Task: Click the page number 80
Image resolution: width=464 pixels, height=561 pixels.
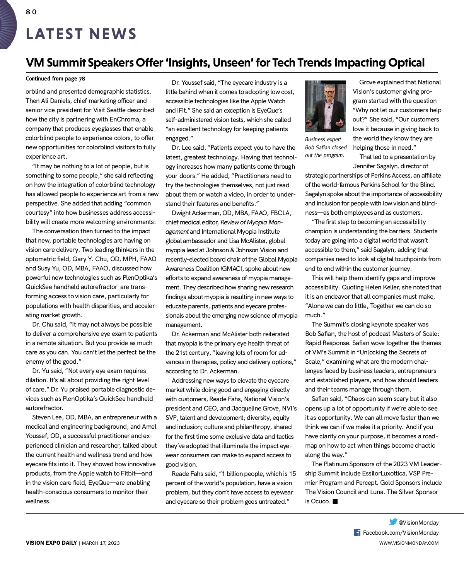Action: click(x=31, y=12)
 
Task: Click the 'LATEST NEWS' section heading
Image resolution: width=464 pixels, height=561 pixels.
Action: click(x=81, y=34)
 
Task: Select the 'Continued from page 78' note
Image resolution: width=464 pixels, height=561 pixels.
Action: click(x=55, y=79)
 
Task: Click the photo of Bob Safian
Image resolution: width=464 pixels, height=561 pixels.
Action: click(x=325, y=106)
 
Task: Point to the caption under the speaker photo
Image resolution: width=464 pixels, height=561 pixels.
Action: click(x=326, y=147)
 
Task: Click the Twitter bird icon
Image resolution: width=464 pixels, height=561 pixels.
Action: click(x=393, y=522)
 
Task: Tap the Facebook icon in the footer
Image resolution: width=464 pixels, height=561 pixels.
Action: click(x=357, y=532)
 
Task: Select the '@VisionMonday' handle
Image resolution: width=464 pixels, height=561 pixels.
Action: click(x=418, y=522)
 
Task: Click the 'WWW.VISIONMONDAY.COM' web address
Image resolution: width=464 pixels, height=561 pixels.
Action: click(x=409, y=543)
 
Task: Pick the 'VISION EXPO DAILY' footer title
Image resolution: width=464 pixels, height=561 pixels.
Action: click(x=51, y=543)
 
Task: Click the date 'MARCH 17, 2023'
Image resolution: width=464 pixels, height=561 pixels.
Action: click(x=101, y=543)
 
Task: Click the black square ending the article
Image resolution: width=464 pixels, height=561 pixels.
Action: click(x=335, y=501)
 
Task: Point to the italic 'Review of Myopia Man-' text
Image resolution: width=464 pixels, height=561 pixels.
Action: click(x=251, y=222)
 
